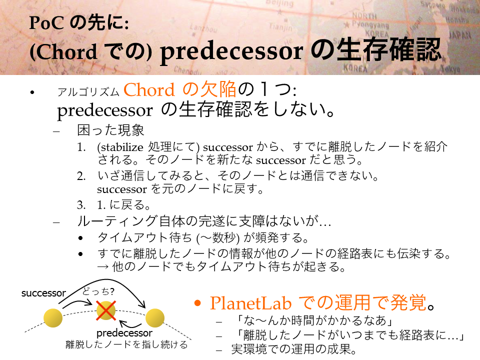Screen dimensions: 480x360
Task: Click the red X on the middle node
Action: pyautogui.click(x=106, y=310)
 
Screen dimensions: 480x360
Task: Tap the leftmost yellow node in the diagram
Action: pyautogui.click(x=53, y=318)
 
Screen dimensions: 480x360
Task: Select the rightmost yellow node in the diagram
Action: pyautogui.click(x=155, y=318)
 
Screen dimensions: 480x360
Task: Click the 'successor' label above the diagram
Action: pyautogui.click(x=43, y=293)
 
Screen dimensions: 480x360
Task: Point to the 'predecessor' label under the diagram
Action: pyautogui.click(x=124, y=333)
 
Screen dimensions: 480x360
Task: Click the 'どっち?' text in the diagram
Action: pyautogui.click(x=98, y=291)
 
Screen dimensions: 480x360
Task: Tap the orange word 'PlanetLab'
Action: pyautogui.click(x=250, y=303)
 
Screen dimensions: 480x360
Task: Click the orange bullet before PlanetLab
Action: pyautogui.click(x=198, y=303)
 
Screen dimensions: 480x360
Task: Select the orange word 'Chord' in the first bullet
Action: pyautogui.click(x=149, y=90)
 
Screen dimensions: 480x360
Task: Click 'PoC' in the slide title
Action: pyautogui.click(x=46, y=23)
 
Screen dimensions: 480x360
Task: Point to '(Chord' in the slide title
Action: pyautogui.click(x=63, y=51)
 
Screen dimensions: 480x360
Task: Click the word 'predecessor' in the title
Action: pyautogui.click(x=231, y=51)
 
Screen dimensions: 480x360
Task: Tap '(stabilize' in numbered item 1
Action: pyautogui.click(x=120, y=147)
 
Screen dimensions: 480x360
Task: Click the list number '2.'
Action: pyautogui.click(x=81, y=176)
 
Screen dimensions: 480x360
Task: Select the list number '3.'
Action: pyautogui.click(x=81, y=205)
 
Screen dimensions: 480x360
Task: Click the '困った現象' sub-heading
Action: pyautogui.click(x=110, y=130)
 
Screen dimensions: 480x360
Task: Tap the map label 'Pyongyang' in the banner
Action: pyautogui.click(x=370, y=24)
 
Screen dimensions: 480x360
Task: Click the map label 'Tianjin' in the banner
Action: pyautogui.click(x=280, y=27)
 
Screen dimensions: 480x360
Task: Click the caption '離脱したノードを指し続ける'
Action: pyautogui.click(x=126, y=344)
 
